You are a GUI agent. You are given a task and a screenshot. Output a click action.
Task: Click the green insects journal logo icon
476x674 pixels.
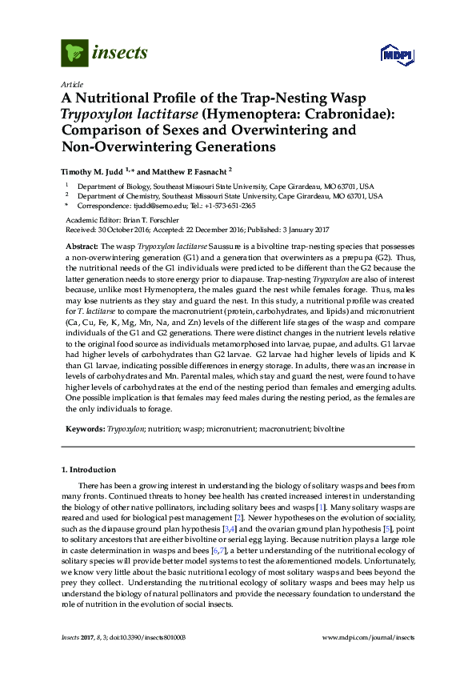pos(74,54)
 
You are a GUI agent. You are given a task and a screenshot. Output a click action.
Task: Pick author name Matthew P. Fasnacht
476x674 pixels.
pos(192,170)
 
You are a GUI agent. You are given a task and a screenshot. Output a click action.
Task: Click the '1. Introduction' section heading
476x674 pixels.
pos(88,469)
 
